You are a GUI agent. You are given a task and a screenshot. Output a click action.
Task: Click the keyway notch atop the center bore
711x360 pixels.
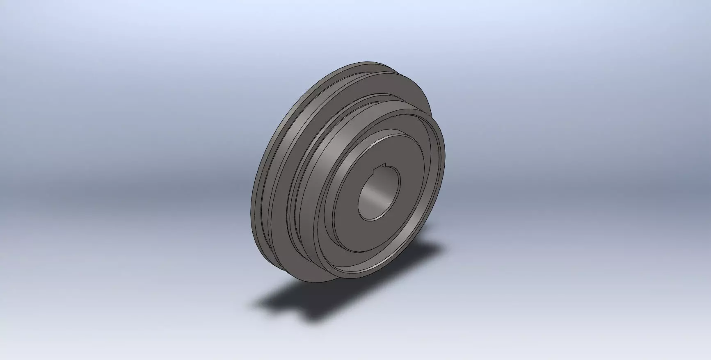point(384,166)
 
